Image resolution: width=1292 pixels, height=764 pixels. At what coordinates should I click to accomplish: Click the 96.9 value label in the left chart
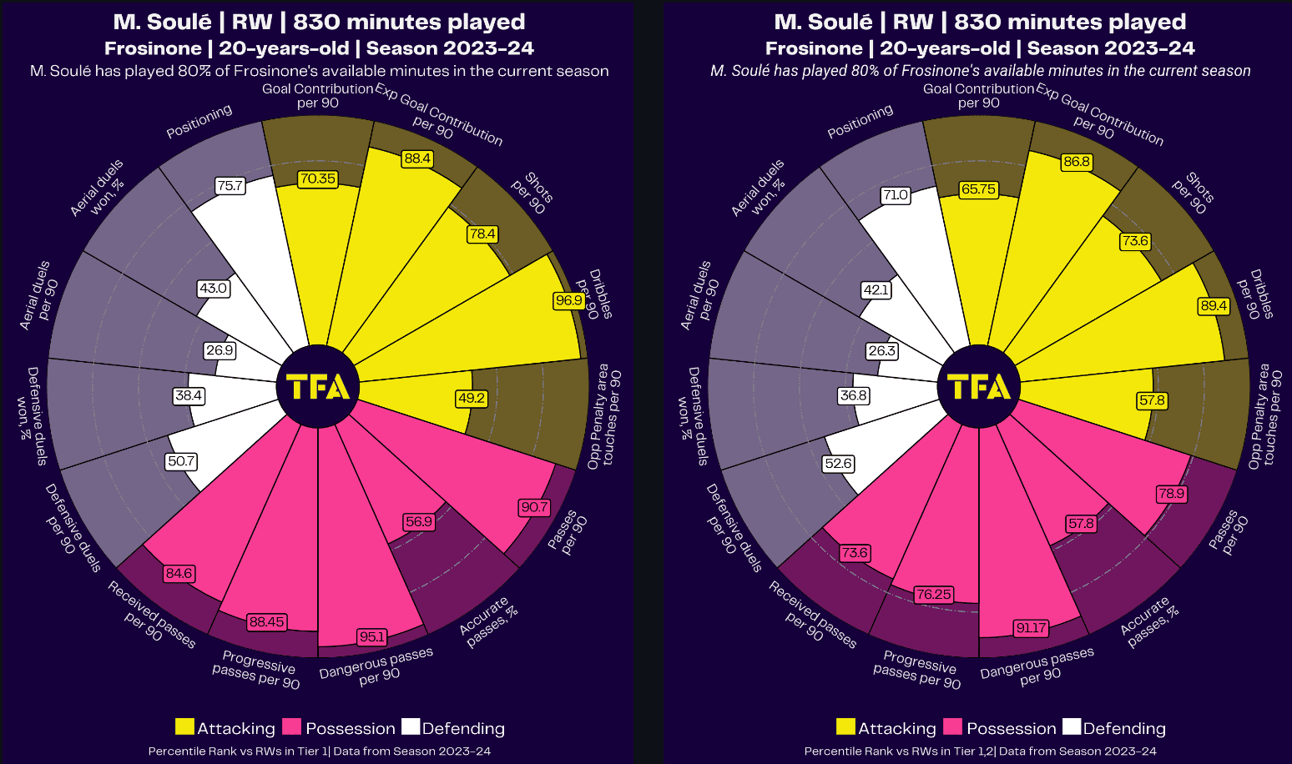[569, 300]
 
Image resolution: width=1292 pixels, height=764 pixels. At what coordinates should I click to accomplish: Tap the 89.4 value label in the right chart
[1214, 306]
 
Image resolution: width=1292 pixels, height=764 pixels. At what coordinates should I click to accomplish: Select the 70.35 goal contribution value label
[318, 178]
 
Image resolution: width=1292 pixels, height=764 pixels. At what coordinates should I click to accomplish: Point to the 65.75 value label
[978, 189]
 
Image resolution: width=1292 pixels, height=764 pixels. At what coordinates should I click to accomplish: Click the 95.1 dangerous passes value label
[372, 637]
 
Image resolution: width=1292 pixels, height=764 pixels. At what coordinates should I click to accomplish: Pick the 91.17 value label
[1031, 628]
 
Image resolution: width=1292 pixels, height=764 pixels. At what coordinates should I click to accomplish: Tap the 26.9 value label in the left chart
[220, 350]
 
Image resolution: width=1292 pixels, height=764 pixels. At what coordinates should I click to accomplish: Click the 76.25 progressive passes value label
[933, 595]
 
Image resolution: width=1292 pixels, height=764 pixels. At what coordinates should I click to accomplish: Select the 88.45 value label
[267, 622]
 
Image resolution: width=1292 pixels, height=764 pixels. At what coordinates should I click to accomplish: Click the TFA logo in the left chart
[318, 387]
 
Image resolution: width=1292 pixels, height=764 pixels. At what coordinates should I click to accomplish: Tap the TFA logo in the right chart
[979, 387]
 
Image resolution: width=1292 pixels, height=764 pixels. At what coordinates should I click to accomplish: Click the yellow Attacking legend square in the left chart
[185, 727]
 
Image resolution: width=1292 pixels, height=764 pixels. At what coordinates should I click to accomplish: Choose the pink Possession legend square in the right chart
[953, 727]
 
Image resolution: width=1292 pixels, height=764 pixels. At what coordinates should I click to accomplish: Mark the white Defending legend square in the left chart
[411, 727]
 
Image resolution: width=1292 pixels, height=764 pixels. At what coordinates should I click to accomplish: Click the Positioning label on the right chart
[860, 122]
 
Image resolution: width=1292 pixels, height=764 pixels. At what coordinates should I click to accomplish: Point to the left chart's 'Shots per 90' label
[532, 194]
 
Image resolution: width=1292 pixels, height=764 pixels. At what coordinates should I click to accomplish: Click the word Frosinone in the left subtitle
[153, 48]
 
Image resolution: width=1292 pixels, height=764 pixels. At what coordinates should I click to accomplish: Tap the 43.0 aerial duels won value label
[213, 289]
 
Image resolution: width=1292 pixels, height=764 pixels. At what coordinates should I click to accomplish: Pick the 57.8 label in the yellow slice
[1152, 400]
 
